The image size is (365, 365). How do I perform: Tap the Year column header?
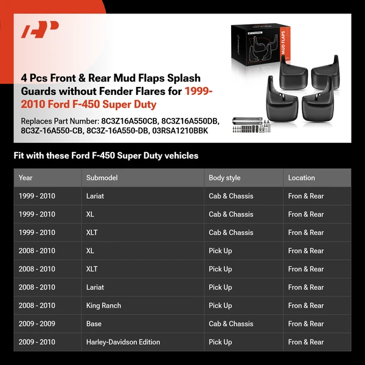[x=26, y=178]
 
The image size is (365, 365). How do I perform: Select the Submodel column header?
[x=102, y=178]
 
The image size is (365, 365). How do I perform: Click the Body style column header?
[x=224, y=178]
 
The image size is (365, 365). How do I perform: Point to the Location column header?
[x=301, y=178]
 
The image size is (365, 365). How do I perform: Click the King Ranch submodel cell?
[x=103, y=305]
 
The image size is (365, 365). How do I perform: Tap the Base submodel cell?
[x=94, y=324]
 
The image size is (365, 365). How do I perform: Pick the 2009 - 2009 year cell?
[x=36, y=324]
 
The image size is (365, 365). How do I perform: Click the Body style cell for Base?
[x=231, y=324]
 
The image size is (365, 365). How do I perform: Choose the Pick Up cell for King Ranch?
[x=220, y=305]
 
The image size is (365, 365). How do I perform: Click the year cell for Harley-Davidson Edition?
[x=36, y=342]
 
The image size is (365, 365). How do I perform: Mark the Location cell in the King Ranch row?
[x=306, y=305]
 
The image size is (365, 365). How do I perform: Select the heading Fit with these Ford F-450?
[x=106, y=156]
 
